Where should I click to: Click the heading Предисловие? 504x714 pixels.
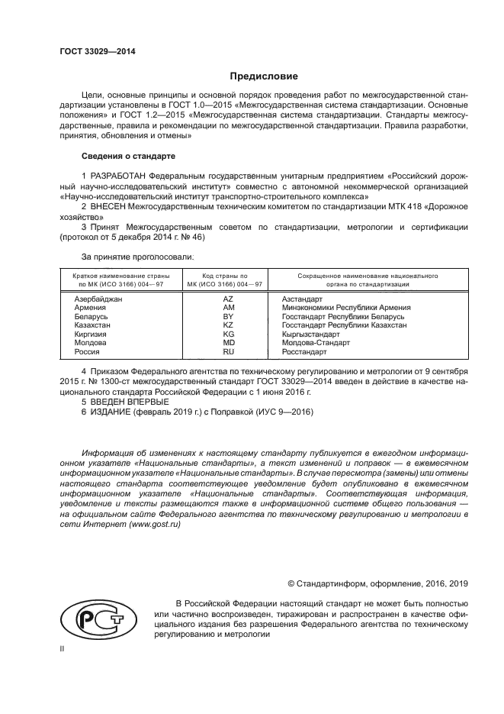click(264, 76)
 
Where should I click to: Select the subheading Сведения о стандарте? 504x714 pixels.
click(128, 157)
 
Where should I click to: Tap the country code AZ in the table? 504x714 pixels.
click(228, 299)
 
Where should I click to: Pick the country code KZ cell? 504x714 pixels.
click(228, 325)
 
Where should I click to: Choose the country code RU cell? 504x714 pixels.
click(228, 352)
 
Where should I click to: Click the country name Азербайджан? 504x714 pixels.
click(98, 299)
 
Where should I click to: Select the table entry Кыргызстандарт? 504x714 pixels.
click(311, 334)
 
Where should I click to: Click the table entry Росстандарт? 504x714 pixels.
click(304, 352)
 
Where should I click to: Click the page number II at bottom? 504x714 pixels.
click(63, 648)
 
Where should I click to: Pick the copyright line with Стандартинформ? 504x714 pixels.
click(372, 583)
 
